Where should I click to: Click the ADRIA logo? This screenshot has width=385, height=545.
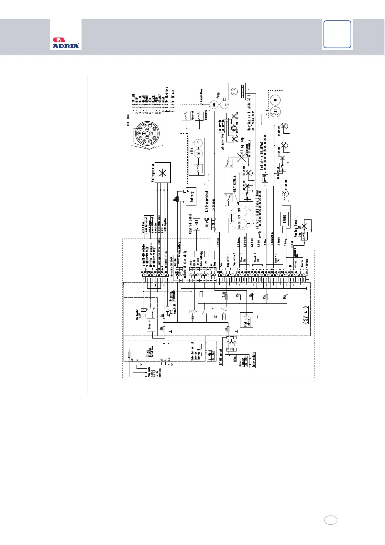pyautogui.click(x=66, y=43)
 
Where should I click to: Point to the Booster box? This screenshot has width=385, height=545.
pyautogui.click(x=149, y=324)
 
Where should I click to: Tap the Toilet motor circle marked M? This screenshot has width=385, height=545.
pyautogui.click(x=199, y=152)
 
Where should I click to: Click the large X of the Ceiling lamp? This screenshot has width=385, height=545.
pyautogui.click(x=241, y=158)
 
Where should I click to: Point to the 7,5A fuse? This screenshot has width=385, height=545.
pyautogui.click(x=226, y=297)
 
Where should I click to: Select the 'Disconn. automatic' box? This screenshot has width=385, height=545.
pyautogui.click(x=172, y=295)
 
